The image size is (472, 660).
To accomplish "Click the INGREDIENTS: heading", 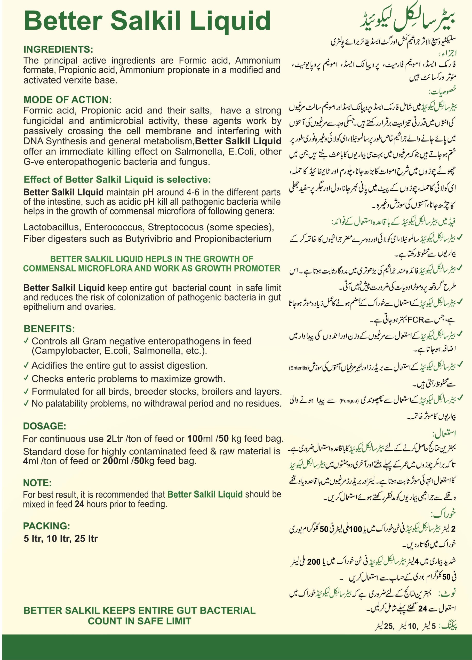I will [x=58, y=49].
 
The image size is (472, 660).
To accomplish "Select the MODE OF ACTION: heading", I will [x=67, y=100].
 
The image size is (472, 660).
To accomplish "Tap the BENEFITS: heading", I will [x=49, y=329].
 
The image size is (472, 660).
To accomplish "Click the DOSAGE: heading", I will [x=44, y=426].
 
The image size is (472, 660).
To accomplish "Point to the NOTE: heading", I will [x=37, y=483].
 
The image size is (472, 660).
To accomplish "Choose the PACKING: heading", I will [x=46, y=526].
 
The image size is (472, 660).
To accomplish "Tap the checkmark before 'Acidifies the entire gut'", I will [x=26, y=365].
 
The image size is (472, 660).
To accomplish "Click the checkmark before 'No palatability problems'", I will [x=26, y=403].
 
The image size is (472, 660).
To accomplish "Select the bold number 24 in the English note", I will [x=79, y=504].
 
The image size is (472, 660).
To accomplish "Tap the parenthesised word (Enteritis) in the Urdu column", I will [x=299, y=368].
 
